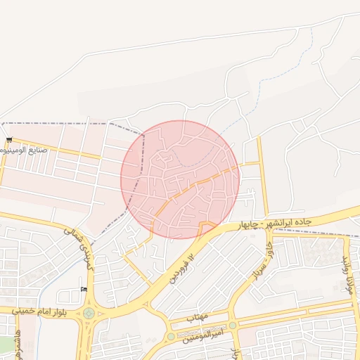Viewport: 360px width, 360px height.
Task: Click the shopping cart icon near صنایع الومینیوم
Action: (x=9, y=141)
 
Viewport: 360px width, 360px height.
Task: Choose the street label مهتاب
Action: (x=198, y=317)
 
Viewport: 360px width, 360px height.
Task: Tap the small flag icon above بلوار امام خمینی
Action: (x=84, y=290)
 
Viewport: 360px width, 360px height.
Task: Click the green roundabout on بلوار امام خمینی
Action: (x=89, y=314)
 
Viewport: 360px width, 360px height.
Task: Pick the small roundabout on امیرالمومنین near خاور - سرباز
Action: (x=233, y=326)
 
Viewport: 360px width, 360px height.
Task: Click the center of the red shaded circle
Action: (x=180, y=180)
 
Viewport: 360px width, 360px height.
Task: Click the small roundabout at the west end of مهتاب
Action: (x=170, y=337)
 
